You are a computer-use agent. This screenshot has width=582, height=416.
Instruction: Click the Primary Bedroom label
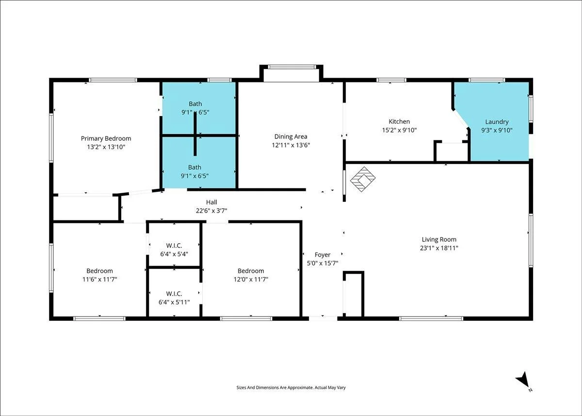click(106, 138)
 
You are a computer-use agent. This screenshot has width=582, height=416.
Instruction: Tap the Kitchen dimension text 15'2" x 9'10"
click(399, 130)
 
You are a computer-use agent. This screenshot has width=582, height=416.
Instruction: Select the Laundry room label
click(497, 122)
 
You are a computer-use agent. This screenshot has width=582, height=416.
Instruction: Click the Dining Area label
click(291, 136)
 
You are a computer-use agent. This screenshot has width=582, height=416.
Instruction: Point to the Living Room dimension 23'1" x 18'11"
click(439, 248)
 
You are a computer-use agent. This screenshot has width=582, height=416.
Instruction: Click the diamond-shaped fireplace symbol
click(363, 179)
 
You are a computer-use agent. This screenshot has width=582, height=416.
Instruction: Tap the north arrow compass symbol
click(523, 380)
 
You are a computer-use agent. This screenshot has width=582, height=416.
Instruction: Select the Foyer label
click(323, 255)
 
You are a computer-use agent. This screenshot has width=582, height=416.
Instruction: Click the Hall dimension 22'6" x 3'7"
click(211, 211)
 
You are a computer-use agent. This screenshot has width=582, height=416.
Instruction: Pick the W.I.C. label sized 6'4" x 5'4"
click(174, 246)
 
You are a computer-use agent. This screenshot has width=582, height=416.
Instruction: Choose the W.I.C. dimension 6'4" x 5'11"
click(174, 302)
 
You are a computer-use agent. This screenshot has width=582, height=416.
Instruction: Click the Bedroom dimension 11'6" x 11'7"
click(100, 280)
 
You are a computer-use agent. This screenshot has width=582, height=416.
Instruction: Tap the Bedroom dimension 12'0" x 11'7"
click(251, 280)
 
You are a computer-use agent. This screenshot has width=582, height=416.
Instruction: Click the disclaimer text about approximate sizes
click(291, 387)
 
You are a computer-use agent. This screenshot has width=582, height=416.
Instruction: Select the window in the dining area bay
click(292, 67)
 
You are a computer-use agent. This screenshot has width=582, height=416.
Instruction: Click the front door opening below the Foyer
click(323, 318)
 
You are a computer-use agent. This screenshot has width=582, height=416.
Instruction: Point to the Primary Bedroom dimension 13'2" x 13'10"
click(106, 147)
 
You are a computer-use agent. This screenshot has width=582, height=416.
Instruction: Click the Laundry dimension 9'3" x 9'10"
click(497, 130)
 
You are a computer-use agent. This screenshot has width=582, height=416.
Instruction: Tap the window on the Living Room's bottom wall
click(431, 318)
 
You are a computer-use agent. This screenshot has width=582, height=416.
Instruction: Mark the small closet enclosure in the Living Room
click(354, 294)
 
